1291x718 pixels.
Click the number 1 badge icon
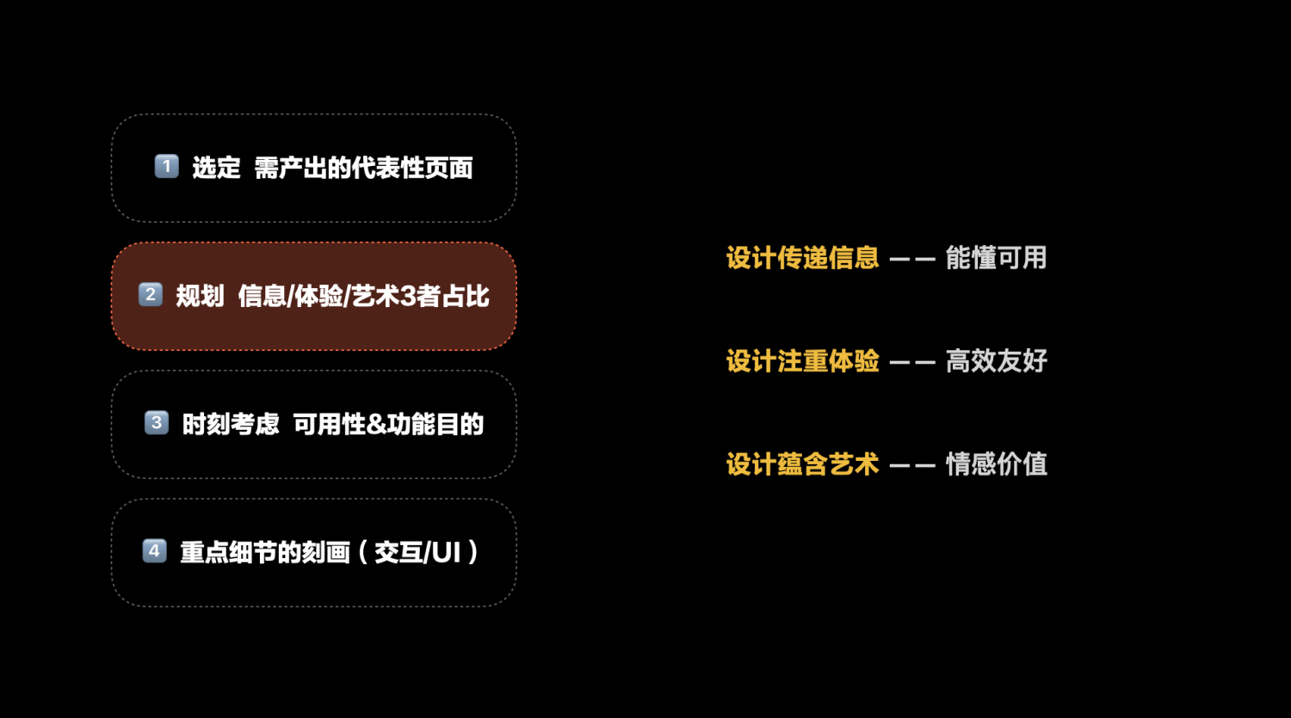pos(166,166)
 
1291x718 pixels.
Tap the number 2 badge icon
pos(151,295)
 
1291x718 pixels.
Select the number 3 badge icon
pos(156,423)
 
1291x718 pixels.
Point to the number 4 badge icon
pos(154,551)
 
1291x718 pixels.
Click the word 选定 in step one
pos(216,168)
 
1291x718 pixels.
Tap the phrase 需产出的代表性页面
pos(363,168)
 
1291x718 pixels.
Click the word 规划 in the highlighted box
pos(200,297)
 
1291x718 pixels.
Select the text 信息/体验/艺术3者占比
pos(363,297)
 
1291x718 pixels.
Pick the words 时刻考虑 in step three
pos(231,424)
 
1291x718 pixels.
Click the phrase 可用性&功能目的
pos(388,424)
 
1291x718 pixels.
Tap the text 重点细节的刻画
pos(264,552)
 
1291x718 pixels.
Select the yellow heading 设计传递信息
pos(802,258)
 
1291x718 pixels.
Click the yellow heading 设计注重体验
pos(802,361)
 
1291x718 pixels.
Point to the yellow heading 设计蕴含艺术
pos(802,464)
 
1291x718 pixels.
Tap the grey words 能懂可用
pos(996,258)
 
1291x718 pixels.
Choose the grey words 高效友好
pos(996,361)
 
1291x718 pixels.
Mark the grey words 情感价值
pos(996,464)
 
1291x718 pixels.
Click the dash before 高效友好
pos(912,363)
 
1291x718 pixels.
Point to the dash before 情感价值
pos(912,466)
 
